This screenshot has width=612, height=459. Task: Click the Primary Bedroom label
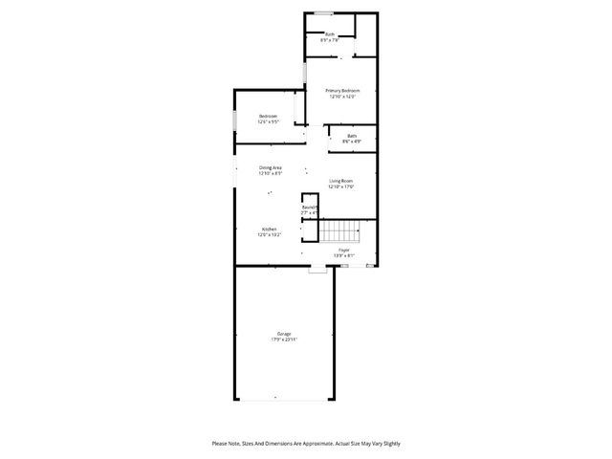[x=341, y=90]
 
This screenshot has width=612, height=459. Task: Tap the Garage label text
[x=285, y=334]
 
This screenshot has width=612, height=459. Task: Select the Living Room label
[x=341, y=181]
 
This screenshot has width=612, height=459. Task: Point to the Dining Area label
[x=270, y=167]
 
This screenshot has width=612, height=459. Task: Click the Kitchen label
[x=270, y=229]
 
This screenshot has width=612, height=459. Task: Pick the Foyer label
[x=343, y=250]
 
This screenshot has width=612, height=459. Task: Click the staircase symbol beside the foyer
[x=339, y=230]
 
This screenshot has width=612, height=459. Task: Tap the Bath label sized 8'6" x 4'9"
[x=352, y=136]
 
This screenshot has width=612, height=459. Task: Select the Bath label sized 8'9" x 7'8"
[x=329, y=34]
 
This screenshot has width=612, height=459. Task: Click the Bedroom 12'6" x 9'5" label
[x=268, y=116]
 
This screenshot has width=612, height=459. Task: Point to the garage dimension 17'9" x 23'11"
[x=285, y=340]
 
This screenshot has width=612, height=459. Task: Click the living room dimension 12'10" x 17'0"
[x=341, y=187]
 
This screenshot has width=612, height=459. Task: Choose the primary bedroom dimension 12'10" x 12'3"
[x=341, y=97]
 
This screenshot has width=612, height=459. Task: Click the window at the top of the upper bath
[x=325, y=12]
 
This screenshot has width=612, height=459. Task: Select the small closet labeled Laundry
[x=309, y=208]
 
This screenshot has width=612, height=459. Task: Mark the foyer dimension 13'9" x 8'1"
[x=343, y=255]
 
